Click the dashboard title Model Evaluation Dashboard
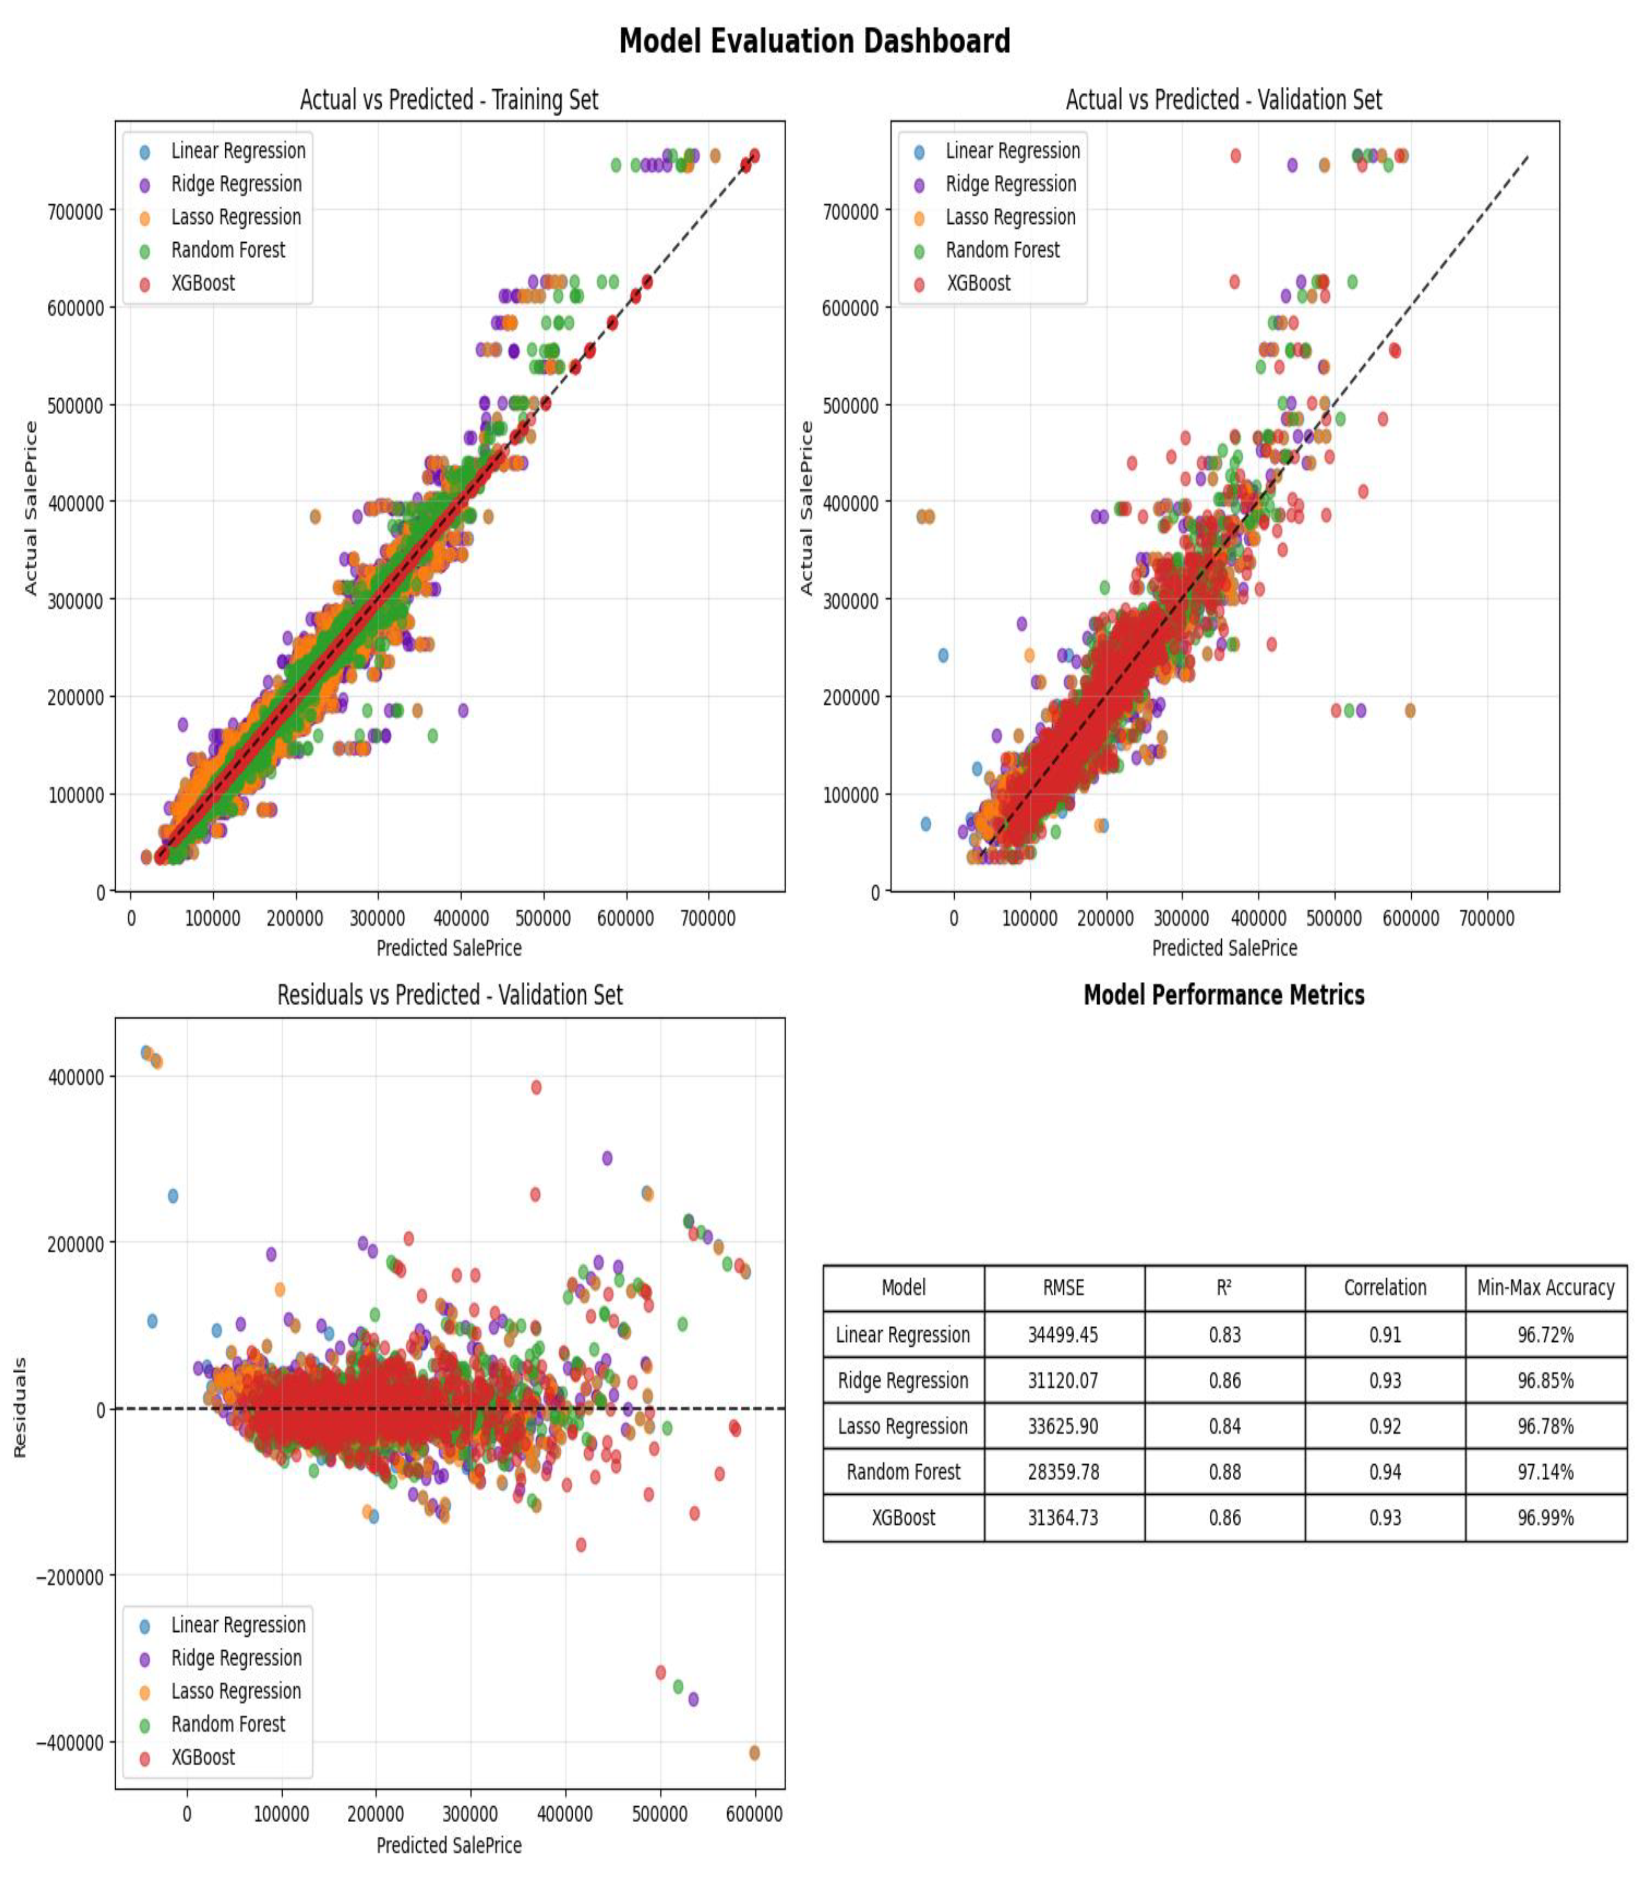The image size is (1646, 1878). click(814, 41)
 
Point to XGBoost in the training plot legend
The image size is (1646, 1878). click(203, 283)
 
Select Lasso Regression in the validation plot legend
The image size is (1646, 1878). click(1010, 217)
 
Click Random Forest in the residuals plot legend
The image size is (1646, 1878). click(228, 1723)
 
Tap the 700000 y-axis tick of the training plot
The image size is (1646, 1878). click(75, 211)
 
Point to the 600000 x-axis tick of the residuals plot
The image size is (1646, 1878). click(754, 1814)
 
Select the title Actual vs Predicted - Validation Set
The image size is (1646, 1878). click(1223, 99)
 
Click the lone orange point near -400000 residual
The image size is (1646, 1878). click(754, 1753)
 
